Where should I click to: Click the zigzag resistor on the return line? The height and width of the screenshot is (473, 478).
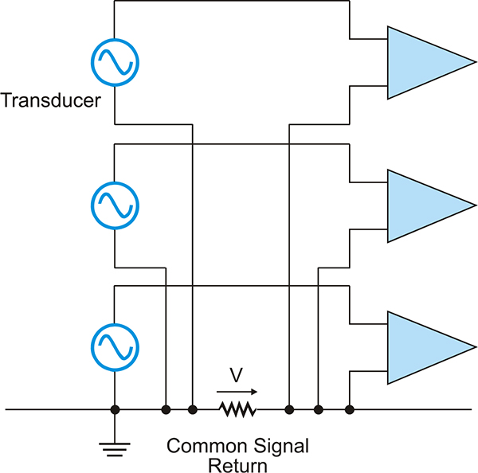[x=237, y=409]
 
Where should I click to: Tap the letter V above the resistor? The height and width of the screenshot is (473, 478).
[x=237, y=375]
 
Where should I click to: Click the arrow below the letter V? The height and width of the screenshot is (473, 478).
[x=237, y=392]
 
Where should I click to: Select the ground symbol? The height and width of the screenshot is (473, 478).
[x=115, y=450]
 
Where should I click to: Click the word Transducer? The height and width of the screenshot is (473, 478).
[x=51, y=100]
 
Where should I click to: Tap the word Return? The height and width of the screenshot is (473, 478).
[x=237, y=466]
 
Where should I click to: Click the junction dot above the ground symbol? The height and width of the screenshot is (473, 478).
[x=115, y=409]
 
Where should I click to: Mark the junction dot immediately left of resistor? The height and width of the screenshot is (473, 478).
[x=192, y=409]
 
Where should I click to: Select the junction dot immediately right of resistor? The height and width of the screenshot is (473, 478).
[x=289, y=409]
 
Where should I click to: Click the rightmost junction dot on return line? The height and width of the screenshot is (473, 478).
[x=350, y=409]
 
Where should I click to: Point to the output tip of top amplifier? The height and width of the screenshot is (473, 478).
[x=476, y=62]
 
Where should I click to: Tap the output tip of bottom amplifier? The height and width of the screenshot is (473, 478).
[x=476, y=347]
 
